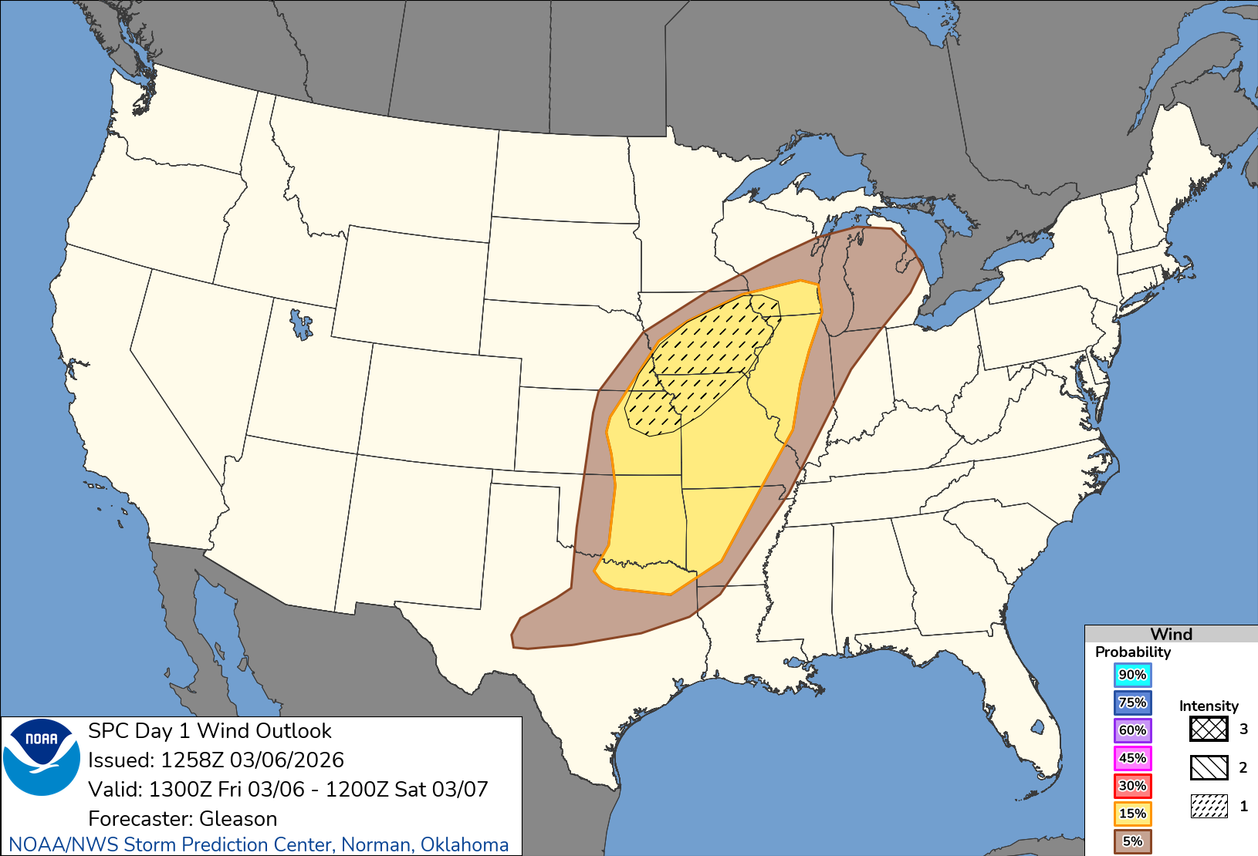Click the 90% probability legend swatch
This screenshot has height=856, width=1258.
pos(1132,675)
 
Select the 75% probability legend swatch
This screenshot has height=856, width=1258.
pos(1132,703)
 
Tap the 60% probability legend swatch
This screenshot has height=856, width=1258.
pos(1132,730)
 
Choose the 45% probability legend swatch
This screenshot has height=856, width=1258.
pos(1132,758)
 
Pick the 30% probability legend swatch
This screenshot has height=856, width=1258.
pos(1132,786)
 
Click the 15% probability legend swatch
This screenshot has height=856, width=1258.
pos(1132,814)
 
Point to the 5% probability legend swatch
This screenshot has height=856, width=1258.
pos(1132,841)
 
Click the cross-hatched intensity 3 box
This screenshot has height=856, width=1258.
pos(1209,729)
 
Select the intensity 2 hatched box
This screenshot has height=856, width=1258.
pos(1209,767)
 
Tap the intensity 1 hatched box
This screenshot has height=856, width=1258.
pos(1209,806)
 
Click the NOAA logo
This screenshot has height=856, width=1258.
pos(42,757)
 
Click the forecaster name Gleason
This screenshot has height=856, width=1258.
pos(238,818)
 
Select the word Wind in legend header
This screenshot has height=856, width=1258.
pos(1171,634)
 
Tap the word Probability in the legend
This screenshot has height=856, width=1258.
pos(1132,652)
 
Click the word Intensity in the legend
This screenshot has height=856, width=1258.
pos(1208,706)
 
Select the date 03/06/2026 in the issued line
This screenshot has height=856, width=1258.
pos(286,760)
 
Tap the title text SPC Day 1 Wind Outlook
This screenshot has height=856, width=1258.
pos(209,731)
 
